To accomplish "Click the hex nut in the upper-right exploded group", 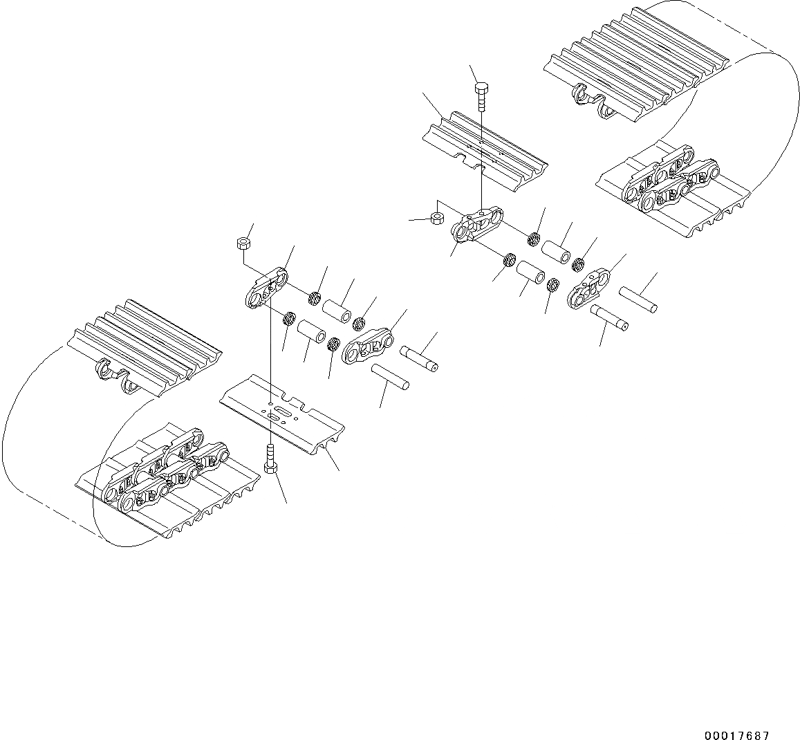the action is coord(437,218).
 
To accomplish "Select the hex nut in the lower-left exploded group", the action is coord(243,243).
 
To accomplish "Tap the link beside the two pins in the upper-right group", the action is coord(589,289).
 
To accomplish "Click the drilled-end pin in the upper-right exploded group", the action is coord(609,318).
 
